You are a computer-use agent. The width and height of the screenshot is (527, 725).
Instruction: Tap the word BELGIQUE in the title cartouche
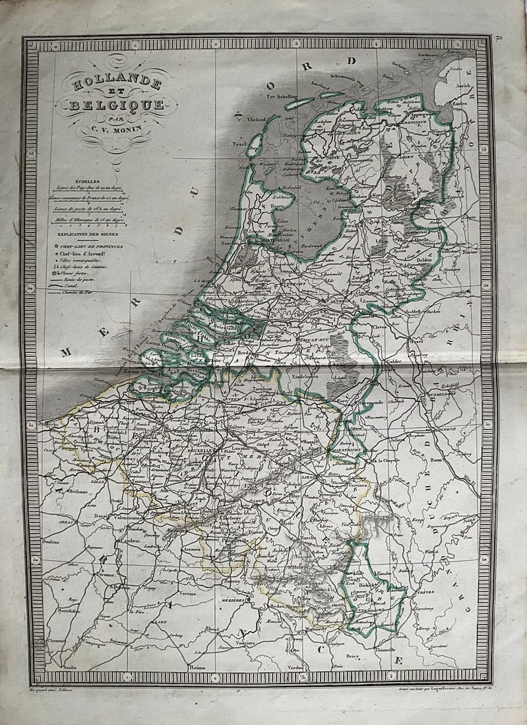click(115, 106)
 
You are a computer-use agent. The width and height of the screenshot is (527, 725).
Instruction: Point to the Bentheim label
click(451, 243)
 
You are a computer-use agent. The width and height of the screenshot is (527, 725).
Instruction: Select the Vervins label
click(189, 593)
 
